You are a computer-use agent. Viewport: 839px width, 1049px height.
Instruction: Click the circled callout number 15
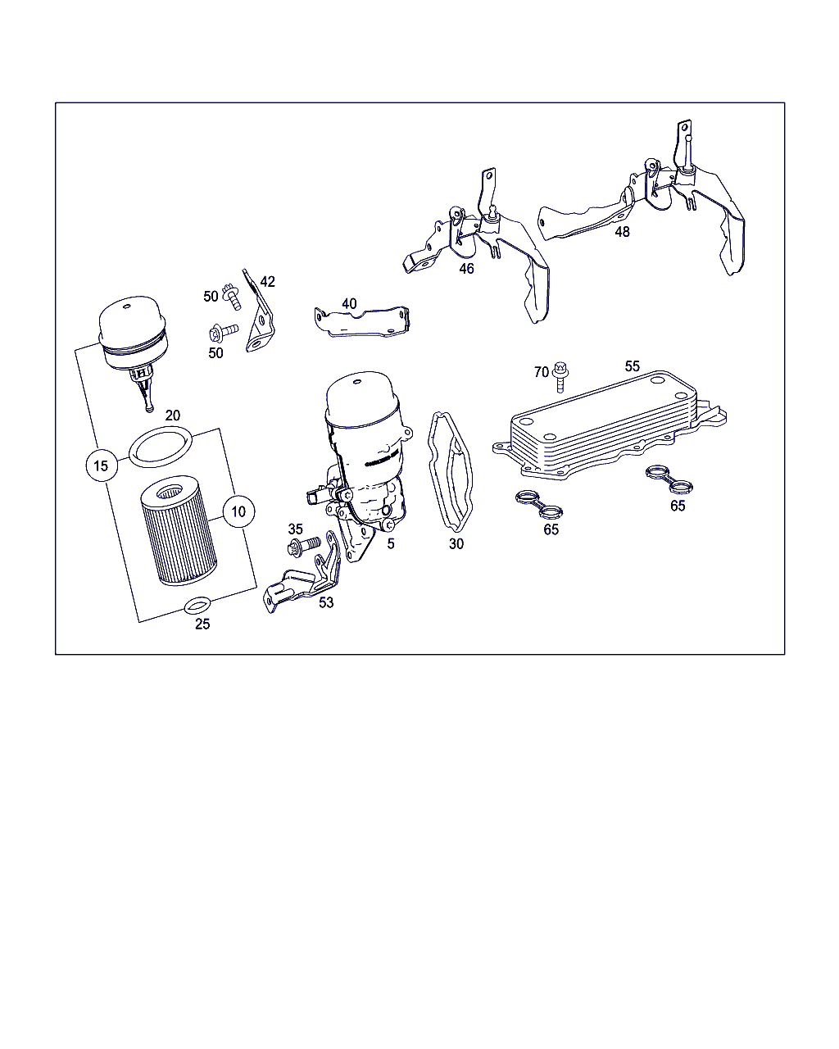102,465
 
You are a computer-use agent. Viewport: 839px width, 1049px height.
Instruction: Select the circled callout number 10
238,511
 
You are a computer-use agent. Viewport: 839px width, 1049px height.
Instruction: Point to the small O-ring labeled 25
197,606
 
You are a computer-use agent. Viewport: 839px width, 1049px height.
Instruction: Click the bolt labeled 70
560,377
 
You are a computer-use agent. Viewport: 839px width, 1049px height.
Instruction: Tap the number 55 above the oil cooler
632,366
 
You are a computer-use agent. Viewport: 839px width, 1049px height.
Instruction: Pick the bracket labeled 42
258,312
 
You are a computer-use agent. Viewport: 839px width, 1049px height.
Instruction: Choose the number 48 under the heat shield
622,232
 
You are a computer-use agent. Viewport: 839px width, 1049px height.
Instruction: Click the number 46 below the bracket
466,269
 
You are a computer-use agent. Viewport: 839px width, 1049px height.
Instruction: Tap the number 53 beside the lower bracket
326,602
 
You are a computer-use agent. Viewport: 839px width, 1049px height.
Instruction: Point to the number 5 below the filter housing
391,544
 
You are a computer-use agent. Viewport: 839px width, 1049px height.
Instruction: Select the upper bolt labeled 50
232,297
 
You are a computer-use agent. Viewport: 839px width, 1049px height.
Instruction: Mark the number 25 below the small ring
202,624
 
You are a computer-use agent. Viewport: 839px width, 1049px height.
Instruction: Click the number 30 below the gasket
456,544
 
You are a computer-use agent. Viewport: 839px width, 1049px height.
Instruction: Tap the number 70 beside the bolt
541,372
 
